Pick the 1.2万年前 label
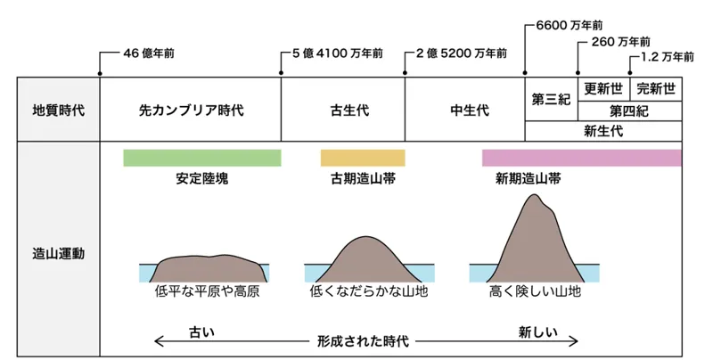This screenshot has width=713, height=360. [667, 56]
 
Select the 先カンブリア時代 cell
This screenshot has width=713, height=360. [191, 110]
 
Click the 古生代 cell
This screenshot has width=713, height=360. [343, 110]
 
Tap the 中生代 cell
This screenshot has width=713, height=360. [464, 110]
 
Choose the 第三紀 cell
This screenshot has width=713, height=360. [551, 100]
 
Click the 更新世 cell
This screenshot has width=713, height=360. [603, 89]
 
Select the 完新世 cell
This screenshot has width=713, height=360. [655, 89]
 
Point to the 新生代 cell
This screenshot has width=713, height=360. [602, 131]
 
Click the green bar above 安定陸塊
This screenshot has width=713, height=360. [201, 158]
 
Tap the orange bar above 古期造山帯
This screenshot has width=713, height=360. [363, 158]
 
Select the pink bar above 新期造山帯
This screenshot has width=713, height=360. [581, 158]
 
